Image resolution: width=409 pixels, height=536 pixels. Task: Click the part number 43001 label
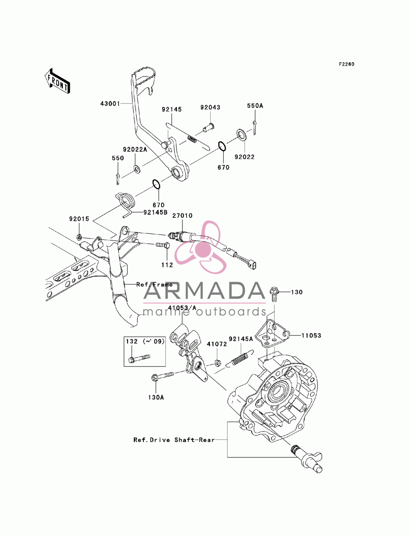pos(110,104)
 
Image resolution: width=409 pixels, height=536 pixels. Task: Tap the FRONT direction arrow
pos(57,81)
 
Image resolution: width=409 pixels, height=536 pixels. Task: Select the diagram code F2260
pos(346,64)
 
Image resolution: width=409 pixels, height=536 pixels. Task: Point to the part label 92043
pos(210,107)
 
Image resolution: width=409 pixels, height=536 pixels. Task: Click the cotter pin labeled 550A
pos(254,128)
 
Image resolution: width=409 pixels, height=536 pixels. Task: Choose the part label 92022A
pos(135,149)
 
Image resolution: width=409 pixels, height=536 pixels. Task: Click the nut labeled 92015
pos(79,236)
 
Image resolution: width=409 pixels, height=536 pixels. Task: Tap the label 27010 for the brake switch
pos(182,216)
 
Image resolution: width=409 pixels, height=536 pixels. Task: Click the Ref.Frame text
pos(154,285)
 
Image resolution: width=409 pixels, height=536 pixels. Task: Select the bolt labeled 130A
pos(162,375)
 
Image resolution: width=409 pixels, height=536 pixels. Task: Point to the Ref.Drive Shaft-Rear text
pos(174,440)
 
